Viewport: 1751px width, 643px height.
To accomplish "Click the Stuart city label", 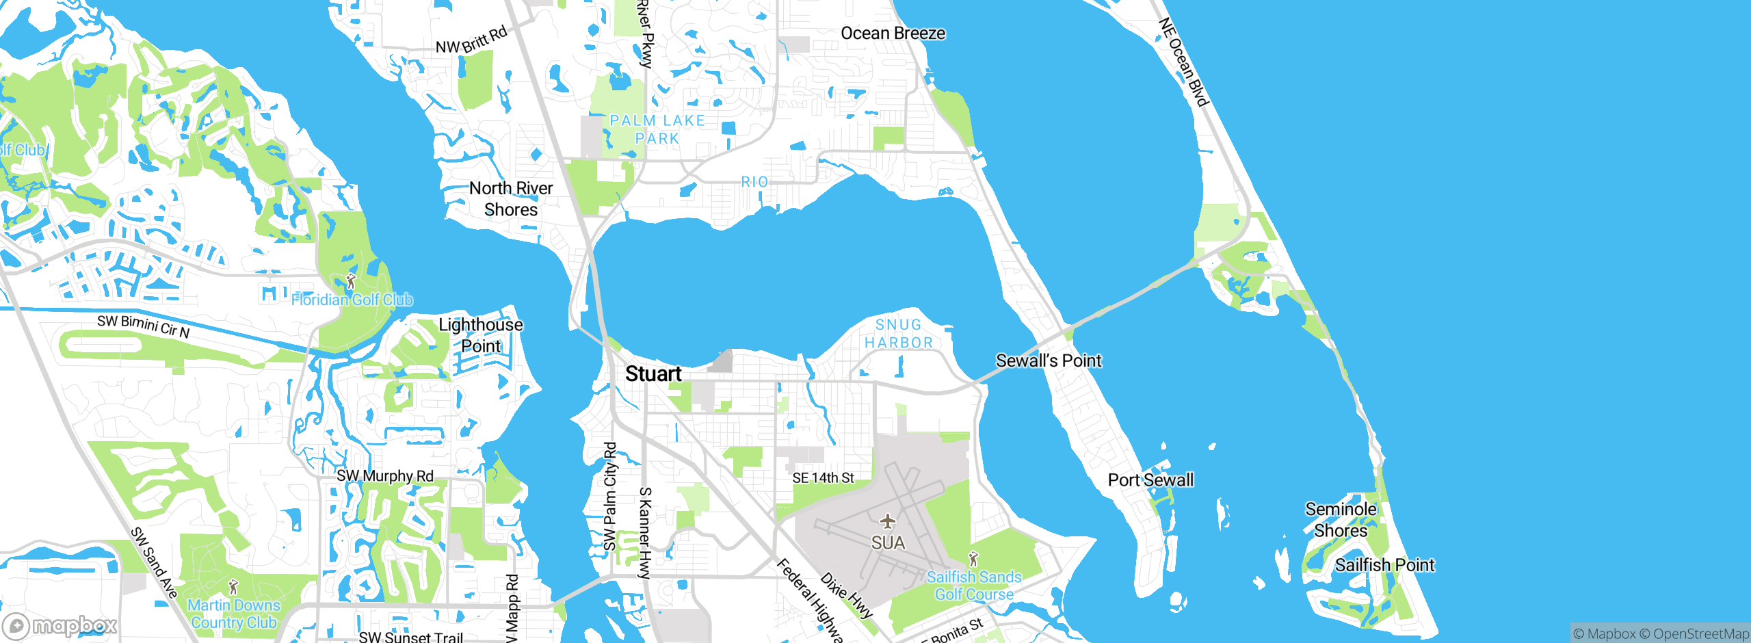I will point(653,374).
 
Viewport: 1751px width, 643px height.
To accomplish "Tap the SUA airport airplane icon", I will point(888,522).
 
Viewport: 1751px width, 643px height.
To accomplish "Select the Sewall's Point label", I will point(1049,360).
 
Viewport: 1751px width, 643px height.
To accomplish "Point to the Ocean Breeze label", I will point(893,34).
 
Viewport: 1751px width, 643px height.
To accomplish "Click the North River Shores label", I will point(511,198).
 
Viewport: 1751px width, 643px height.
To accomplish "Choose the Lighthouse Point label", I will point(481,335).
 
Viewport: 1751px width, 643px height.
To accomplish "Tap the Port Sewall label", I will point(1150,480).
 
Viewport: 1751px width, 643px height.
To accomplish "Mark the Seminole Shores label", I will point(1341,519).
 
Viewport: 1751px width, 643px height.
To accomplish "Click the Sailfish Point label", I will point(1384,565).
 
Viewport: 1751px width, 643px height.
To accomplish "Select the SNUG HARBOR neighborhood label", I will point(899,334).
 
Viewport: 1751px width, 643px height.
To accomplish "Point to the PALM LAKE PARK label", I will point(657,129).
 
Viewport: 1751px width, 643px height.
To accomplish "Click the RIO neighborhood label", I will point(754,182).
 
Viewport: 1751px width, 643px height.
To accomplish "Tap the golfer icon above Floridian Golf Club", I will point(351,281).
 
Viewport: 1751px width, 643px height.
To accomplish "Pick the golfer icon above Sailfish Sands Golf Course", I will point(973,559).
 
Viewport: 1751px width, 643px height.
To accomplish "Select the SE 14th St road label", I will point(823,478).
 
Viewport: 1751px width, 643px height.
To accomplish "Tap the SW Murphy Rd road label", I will point(384,476).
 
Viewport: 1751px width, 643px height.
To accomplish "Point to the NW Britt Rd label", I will point(471,40).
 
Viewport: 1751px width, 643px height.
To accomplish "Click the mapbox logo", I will point(60,626).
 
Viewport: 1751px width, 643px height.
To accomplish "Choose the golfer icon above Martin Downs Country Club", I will point(233,587).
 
